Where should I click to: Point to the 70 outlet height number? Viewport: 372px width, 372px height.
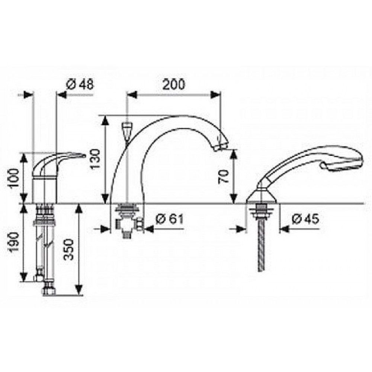(x=224, y=176)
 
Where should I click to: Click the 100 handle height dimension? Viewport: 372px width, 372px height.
(x=14, y=178)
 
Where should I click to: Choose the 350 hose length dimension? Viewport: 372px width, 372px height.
(x=70, y=249)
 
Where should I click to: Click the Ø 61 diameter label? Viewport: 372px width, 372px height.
(x=170, y=219)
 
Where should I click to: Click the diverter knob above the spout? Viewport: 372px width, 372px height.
(x=127, y=129)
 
